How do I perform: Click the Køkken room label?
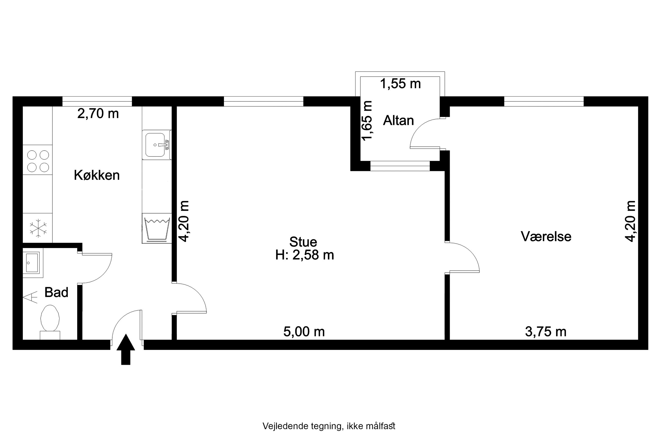tap(97, 175)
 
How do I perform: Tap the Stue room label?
tap(303, 242)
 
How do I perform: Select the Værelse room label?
tap(546, 236)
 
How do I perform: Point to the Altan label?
tap(398, 120)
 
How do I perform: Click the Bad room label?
tap(56, 292)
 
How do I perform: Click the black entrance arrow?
tap(126, 349)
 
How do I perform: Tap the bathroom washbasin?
tap(32, 263)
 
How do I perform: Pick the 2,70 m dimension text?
tap(98, 113)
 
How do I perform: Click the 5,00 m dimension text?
tap(304, 332)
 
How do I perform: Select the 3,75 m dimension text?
tap(546, 332)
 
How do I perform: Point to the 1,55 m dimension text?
tap(400, 83)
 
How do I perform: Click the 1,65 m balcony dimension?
tap(367, 120)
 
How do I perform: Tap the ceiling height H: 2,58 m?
tap(304, 255)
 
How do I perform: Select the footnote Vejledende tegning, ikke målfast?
tap(329, 426)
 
